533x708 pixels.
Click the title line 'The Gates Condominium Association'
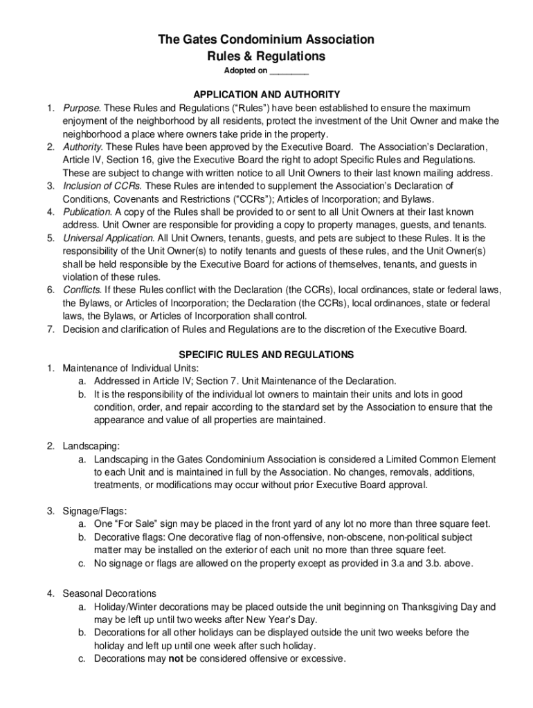pos(266,40)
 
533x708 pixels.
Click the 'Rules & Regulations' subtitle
pos(266,56)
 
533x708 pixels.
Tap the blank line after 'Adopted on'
pos(289,72)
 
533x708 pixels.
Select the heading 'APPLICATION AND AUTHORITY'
pos(266,94)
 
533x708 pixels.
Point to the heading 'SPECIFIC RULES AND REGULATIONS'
pos(266,355)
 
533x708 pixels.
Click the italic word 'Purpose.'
pos(82,108)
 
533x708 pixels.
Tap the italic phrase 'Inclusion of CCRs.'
pos(102,187)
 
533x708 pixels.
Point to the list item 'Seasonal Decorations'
pos(109,593)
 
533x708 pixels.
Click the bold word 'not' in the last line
pos(176,659)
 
